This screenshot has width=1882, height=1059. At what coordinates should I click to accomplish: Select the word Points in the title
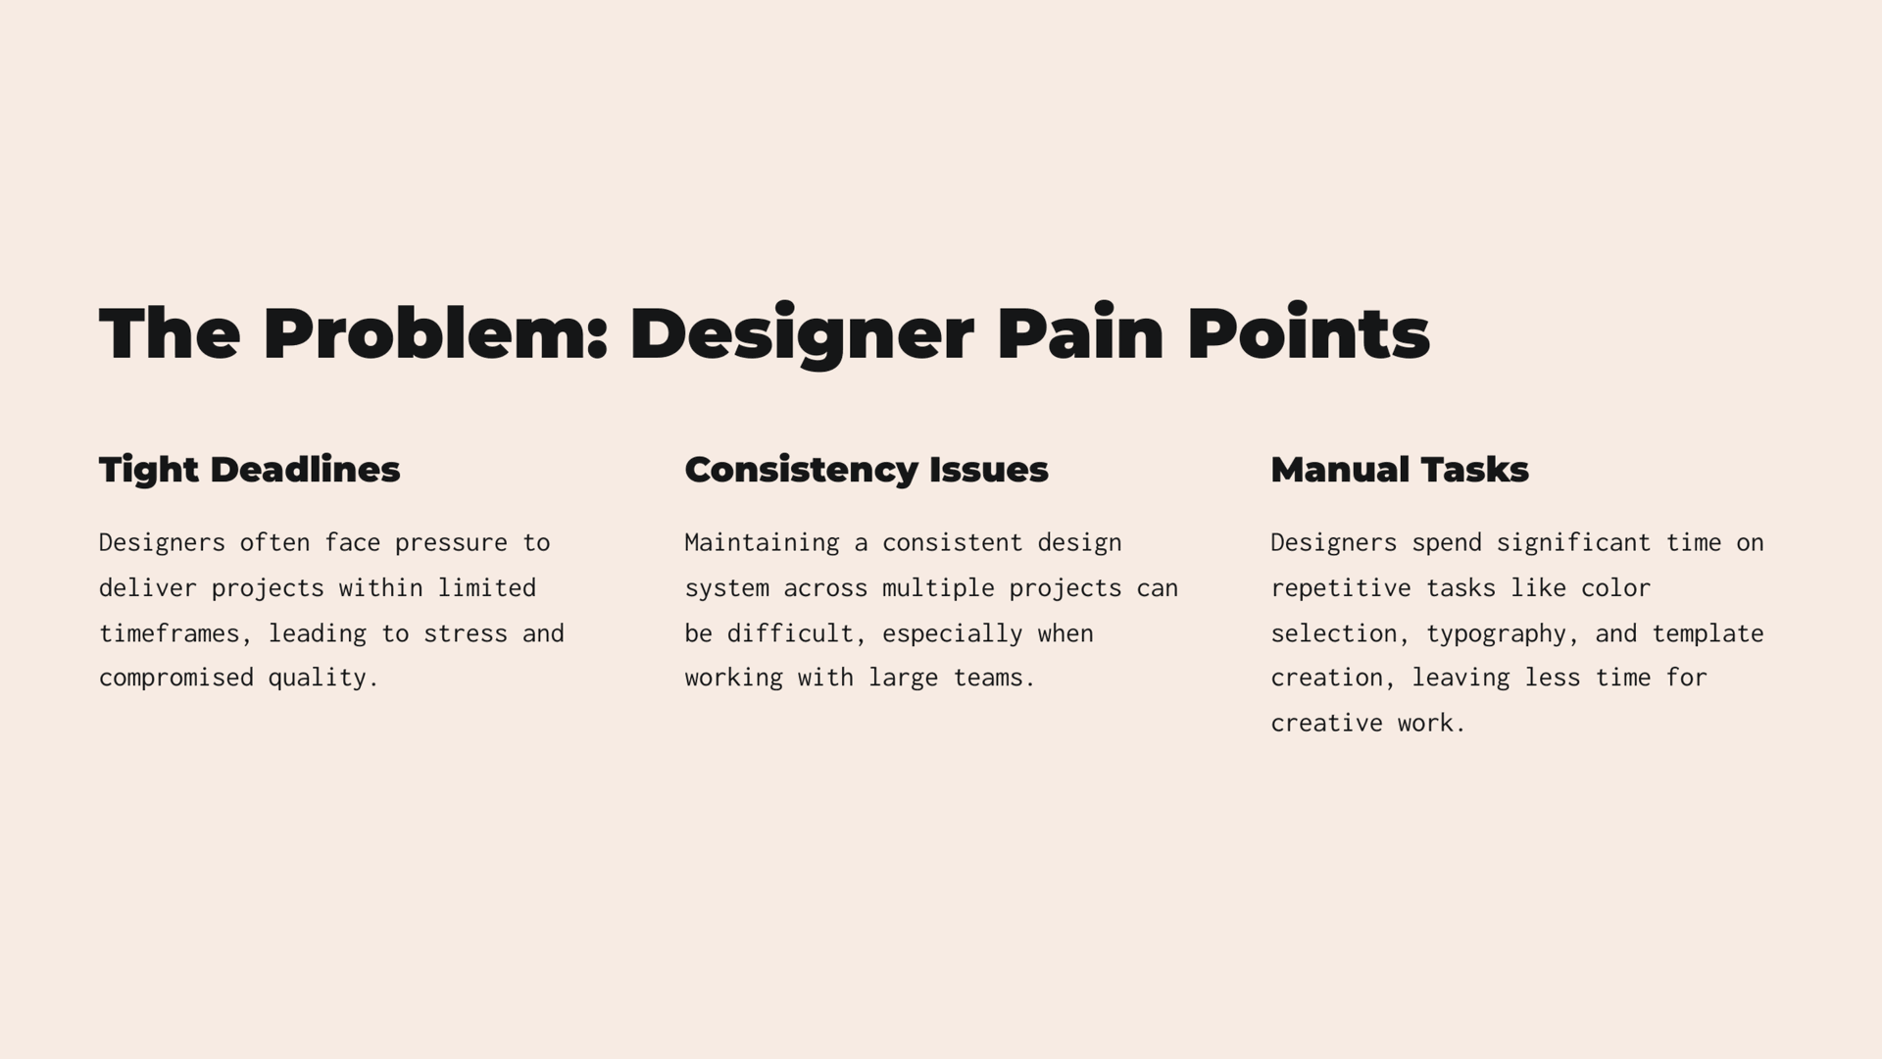coord(1309,332)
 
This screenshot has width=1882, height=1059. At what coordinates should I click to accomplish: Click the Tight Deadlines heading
coord(250,471)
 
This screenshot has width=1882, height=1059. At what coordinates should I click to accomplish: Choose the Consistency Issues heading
coord(867,471)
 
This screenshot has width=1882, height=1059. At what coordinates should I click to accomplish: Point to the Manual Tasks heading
coord(1400,470)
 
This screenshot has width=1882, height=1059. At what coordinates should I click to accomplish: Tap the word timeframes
coord(170,634)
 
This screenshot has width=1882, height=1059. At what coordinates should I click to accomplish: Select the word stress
coord(466,634)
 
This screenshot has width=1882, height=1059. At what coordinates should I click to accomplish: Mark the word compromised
coord(176,679)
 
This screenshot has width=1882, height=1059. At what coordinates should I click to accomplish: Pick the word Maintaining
coord(762,543)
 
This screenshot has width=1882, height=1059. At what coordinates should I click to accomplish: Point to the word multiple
coord(938,589)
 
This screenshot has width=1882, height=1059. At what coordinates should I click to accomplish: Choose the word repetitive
coord(1341,589)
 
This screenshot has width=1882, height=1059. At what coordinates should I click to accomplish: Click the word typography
coord(1497,634)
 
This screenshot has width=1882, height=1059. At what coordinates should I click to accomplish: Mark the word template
coord(1708,634)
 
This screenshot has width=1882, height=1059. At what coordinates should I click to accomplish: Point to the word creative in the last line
coord(1326,724)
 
